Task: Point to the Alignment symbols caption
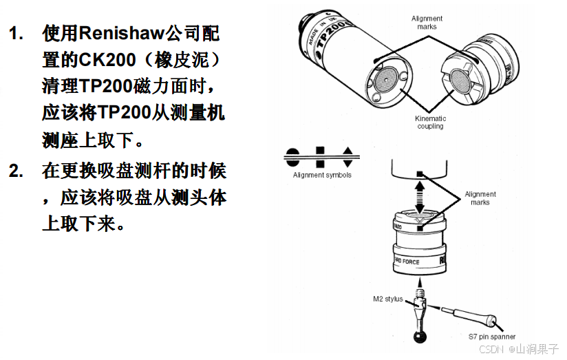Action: tap(322, 175)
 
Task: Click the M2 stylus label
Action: tap(387, 299)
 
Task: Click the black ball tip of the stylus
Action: tap(417, 337)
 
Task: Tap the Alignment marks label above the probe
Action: tap(427, 23)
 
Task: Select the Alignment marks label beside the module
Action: tap(480, 198)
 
